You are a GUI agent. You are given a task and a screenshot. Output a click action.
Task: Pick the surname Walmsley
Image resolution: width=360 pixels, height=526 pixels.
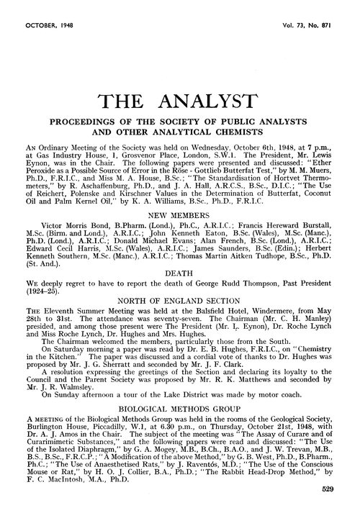[x=52, y=387]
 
